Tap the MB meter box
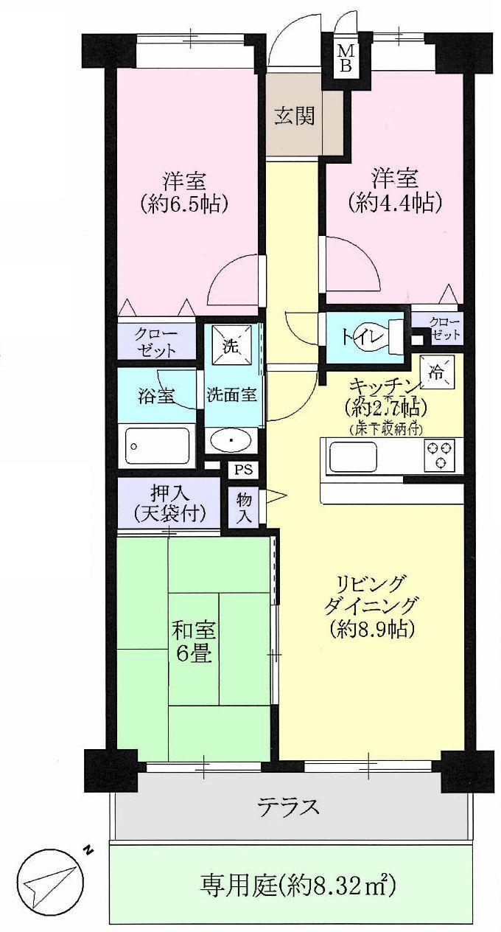tap(346, 58)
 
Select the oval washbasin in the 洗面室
tap(231, 442)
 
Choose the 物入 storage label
tap(244, 507)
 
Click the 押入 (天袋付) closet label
tap(169, 505)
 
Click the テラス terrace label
tap(289, 807)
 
